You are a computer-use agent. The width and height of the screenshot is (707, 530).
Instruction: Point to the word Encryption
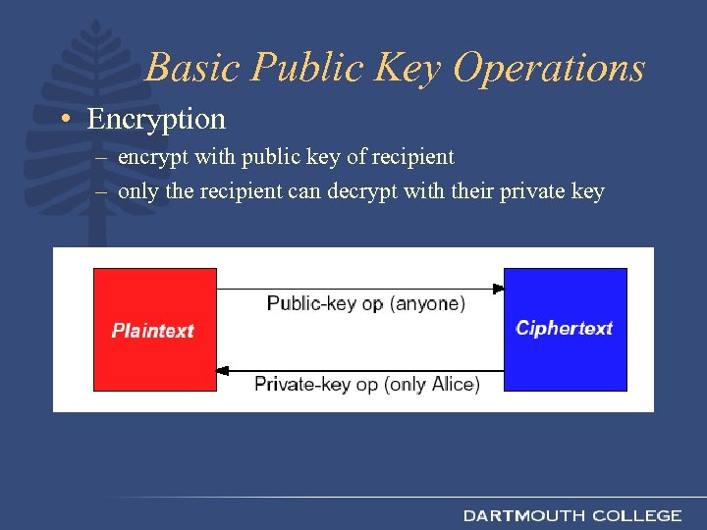[156, 120]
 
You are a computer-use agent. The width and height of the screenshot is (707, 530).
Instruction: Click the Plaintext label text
[153, 331]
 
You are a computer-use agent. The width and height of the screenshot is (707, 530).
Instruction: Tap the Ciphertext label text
[565, 328]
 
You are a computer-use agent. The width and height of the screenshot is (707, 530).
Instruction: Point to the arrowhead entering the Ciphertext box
[498, 289]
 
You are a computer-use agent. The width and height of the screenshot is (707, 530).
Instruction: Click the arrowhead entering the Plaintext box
[222, 371]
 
